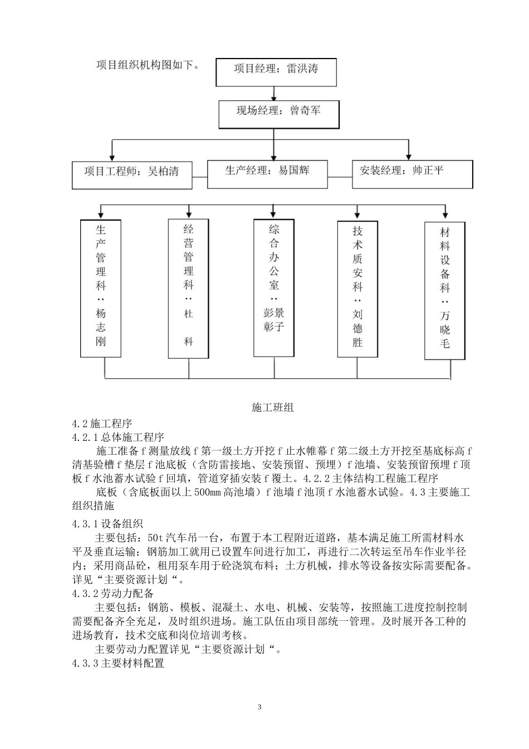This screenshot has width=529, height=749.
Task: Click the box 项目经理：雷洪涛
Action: coord(276,71)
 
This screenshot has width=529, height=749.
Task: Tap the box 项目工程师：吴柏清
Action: coord(132,174)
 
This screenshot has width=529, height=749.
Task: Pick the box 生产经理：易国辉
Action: coord(267,173)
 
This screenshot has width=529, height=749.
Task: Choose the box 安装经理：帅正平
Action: coord(412,173)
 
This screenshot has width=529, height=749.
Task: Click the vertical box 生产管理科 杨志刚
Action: coord(100,288)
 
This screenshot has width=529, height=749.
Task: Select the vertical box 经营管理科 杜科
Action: coord(188,288)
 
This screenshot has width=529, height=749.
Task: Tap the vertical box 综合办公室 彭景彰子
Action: coord(273,287)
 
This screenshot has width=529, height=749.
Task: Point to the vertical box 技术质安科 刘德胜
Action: coord(357,289)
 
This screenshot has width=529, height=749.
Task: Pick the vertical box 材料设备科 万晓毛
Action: coord(444,290)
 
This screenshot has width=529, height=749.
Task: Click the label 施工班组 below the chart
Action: coord(273,407)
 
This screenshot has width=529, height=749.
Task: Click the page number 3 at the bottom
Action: coord(259,708)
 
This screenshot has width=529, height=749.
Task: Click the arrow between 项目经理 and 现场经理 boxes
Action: coord(273,93)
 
